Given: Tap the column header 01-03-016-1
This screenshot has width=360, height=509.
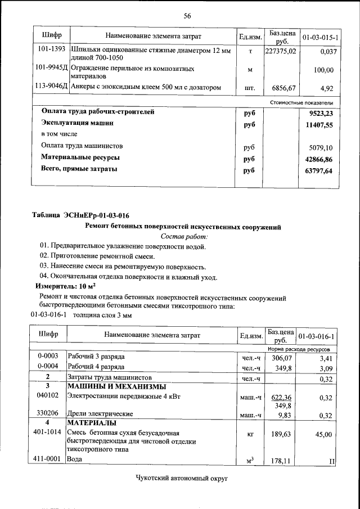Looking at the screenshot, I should (318, 336).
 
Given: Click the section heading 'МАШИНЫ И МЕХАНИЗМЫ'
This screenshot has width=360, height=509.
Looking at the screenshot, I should (116, 387).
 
